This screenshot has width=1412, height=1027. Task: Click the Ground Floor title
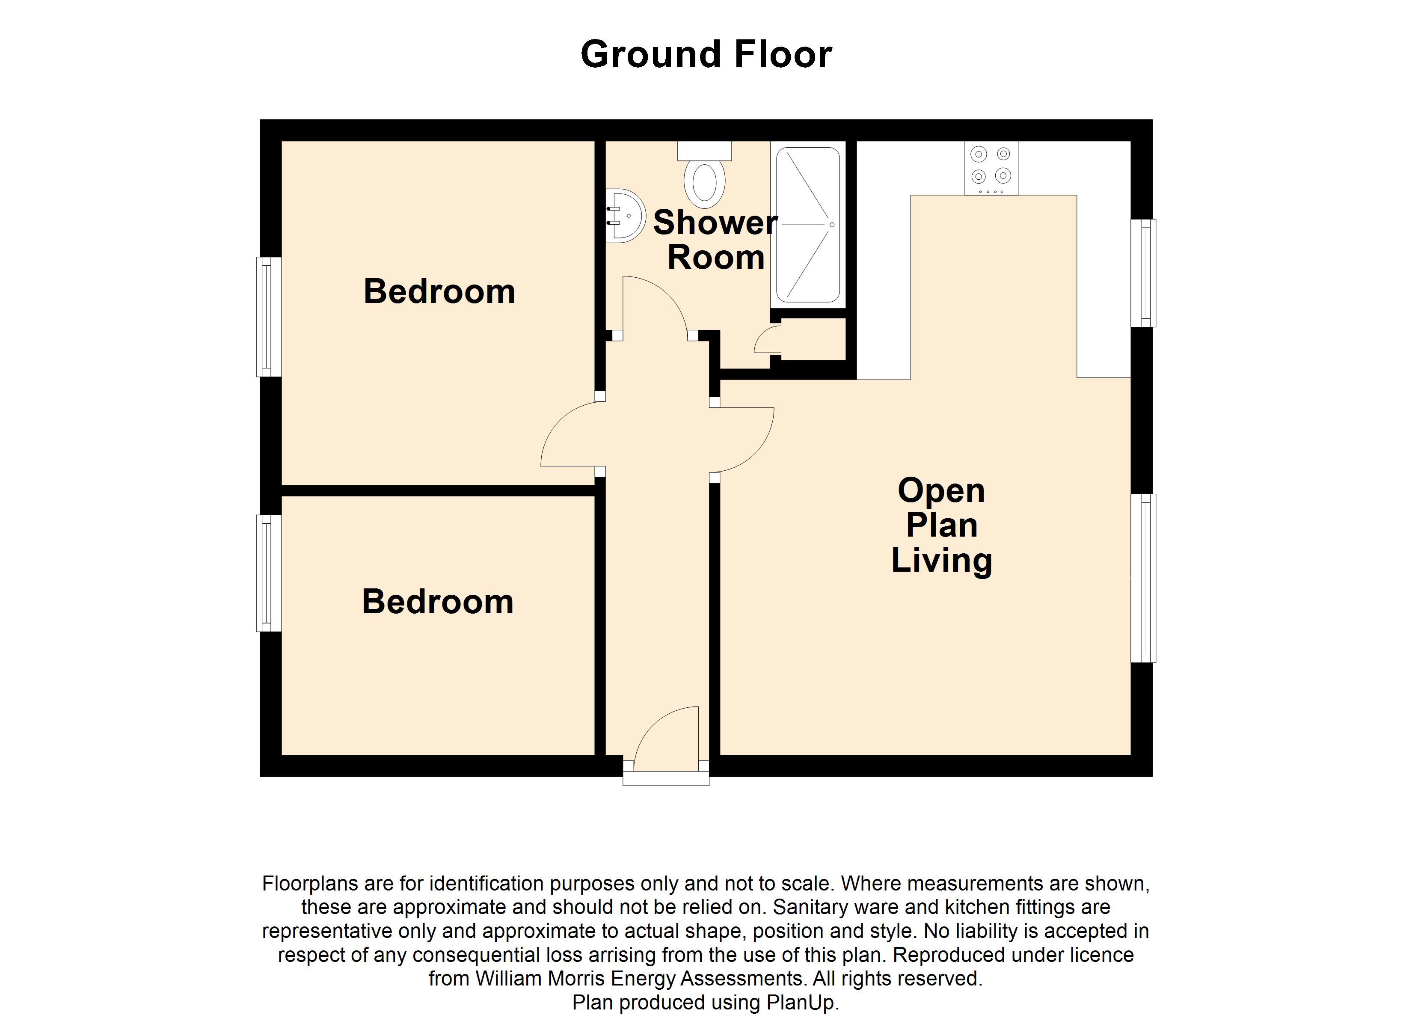pos(706,55)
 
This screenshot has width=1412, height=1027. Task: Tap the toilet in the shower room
pos(704,175)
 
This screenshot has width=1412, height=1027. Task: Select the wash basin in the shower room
pos(624,216)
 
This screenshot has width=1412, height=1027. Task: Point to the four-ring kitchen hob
pos(991,168)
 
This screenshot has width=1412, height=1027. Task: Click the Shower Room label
pos(716,240)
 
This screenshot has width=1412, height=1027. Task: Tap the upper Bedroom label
pos(439,291)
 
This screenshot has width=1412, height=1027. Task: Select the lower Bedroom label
pos(438,602)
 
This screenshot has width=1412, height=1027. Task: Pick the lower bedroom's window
pos(269,573)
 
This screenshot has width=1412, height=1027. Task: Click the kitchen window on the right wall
pos(1143,273)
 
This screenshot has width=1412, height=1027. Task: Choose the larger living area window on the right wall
pos(1143,578)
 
